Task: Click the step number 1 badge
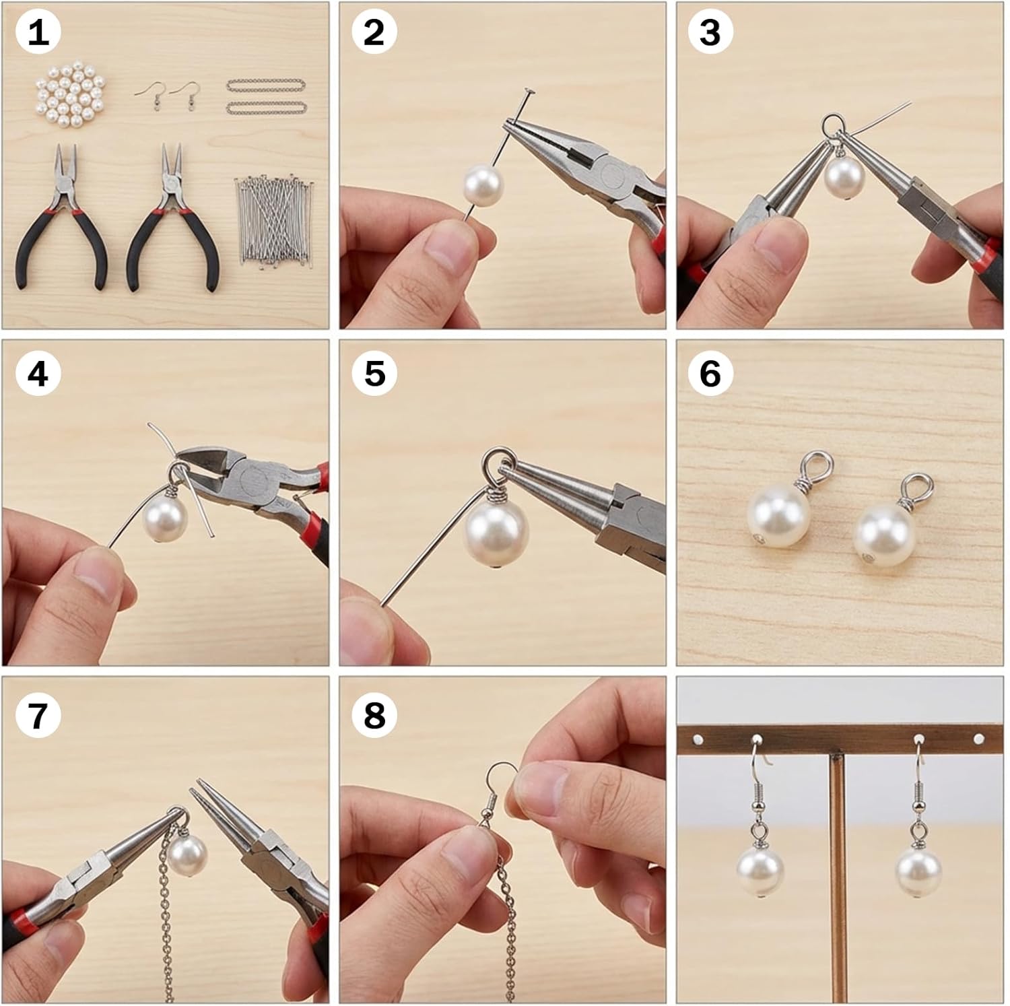point(38,32)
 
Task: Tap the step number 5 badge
point(374,374)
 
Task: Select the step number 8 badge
point(374,715)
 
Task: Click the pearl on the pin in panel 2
point(483,187)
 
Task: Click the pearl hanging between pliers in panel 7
point(187,855)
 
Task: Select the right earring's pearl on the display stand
point(918,872)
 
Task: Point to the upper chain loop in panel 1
point(266,86)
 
